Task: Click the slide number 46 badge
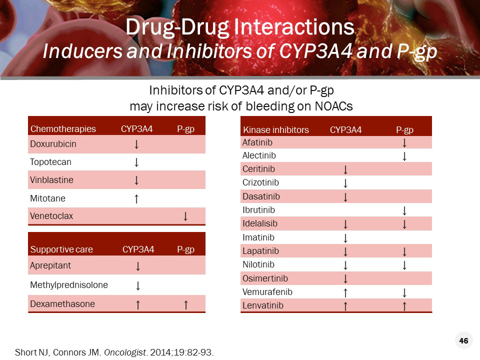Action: pyautogui.click(x=463, y=341)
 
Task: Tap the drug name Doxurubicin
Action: pyautogui.click(x=53, y=144)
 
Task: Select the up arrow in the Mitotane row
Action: pyautogui.click(x=136, y=198)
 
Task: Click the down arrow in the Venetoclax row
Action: pyautogui.click(x=185, y=216)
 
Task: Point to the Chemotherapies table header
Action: pyautogui.click(x=63, y=129)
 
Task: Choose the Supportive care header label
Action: pyautogui.click(x=61, y=249)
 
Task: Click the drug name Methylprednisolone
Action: pyautogui.click(x=69, y=285)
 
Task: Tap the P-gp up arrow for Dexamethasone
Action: pyautogui.click(x=185, y=304)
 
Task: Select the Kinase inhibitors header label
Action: pyautogui.click(x=275, y=130)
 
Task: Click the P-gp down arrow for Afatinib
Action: pyautogui.click(x=404, y=143)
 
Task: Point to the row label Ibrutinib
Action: pyautogui.click(x=258, y=210)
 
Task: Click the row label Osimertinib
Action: pyautogui.click(x=265, y=278)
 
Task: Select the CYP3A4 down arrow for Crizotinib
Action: pyautogui.click(x=345, y=183)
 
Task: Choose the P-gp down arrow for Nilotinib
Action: pyautogui.click(x=404, y=265)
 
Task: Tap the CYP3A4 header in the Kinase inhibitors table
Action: pyautogui.click(x=345, y=130)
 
